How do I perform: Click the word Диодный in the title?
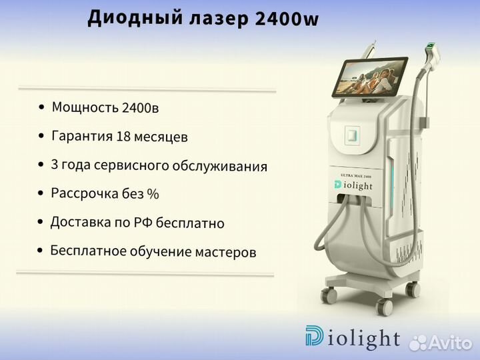[135, 19]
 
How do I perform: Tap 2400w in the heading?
[287, 19]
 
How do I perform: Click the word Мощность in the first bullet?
[85, 107]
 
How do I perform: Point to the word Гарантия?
[83, 136]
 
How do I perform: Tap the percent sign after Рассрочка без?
[153, 194]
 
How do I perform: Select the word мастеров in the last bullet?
[225, 252]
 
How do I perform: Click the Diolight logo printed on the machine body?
[353, 185]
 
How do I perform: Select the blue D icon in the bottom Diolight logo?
[314, 335]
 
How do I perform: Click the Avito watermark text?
[441, 343]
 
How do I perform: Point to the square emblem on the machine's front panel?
[352, 135]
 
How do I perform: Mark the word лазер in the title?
[219, 19]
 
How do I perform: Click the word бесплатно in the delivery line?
[190, 223]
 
